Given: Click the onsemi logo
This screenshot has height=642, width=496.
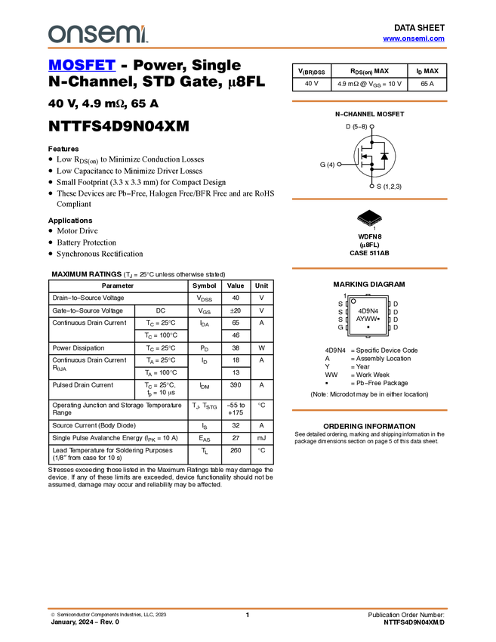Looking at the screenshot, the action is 97,34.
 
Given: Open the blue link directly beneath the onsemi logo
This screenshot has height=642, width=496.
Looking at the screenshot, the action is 82,66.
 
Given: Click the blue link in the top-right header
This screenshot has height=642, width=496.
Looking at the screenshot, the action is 414,39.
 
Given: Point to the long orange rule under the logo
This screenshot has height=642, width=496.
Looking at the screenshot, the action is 247,48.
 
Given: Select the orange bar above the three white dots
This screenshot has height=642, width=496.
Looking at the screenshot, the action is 369,100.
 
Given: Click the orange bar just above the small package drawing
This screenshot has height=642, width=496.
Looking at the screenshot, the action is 369,199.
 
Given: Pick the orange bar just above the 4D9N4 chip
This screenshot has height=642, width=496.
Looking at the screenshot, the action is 369,268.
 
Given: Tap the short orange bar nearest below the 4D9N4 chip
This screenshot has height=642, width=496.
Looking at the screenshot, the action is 369,410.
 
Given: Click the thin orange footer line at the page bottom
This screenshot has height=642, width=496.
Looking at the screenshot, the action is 247,608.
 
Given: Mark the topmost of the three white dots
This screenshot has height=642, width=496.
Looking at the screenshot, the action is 371,126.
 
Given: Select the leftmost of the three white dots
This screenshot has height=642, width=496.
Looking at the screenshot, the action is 339,164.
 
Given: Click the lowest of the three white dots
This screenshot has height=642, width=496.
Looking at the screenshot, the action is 371,185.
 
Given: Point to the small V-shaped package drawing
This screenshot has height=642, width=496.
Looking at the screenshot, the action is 369,221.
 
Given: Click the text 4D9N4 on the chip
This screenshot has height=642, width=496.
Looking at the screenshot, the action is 368,310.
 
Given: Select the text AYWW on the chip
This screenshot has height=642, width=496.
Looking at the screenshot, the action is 365,319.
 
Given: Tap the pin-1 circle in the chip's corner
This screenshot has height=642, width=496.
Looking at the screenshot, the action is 353,301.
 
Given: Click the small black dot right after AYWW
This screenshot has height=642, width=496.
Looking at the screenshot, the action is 377,319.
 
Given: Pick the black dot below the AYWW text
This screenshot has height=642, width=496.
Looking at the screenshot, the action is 368,327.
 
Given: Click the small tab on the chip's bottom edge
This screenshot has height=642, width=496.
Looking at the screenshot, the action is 368,337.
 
